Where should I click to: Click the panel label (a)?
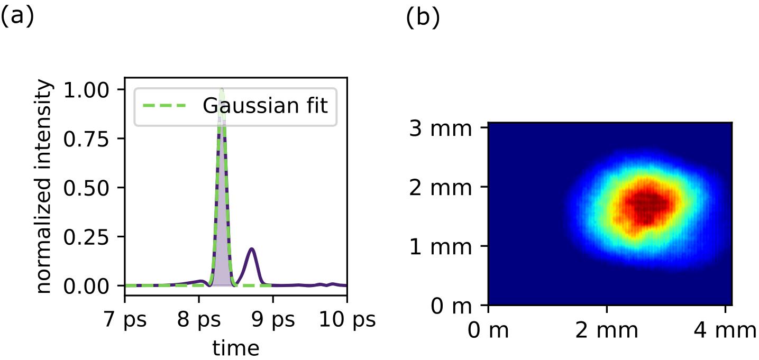17,17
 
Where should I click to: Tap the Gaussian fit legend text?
266,106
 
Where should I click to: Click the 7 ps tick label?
125,321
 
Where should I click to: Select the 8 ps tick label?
199,321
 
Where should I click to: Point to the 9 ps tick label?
273,321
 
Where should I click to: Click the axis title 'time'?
235,347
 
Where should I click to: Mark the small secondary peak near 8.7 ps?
252,249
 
